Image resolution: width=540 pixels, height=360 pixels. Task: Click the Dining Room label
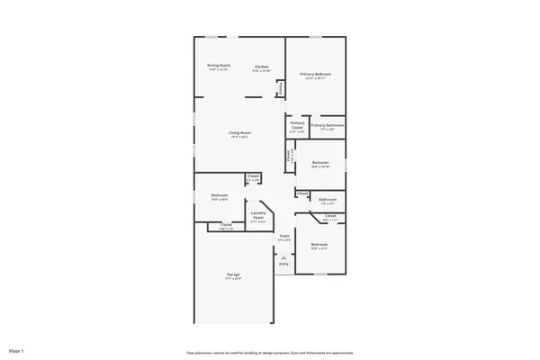[x=219, y=67]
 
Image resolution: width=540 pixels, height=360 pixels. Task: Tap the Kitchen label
[x=262, y=67]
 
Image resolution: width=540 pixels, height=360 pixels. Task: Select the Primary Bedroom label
[x=316, y=75]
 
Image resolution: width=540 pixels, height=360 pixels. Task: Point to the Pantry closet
[x=281, y=88]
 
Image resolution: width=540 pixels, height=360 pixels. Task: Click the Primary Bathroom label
[x=328, y=126]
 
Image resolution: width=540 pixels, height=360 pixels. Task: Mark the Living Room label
[x=238, y=133]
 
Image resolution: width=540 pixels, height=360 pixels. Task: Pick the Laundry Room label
[x=258, y=217]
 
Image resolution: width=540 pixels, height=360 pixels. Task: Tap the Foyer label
[x=284, y=237]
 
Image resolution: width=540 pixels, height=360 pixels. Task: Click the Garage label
[x=233, y=275]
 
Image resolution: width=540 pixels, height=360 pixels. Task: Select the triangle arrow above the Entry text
[x=283, y=257]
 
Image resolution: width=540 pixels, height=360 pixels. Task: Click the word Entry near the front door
[x=283, y=265]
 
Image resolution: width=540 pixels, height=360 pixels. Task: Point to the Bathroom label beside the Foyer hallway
[x=328, y=200]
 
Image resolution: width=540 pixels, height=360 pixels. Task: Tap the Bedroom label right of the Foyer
[x=319, y=245]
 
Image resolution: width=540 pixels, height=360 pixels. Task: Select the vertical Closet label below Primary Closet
[x=288, y=155]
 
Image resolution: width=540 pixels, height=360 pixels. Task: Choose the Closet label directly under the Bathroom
[x=330, y=216]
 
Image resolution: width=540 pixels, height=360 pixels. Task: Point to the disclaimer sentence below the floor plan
[x=269, y=353]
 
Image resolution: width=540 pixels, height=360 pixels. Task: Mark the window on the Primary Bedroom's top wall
[x=316, y=37]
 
